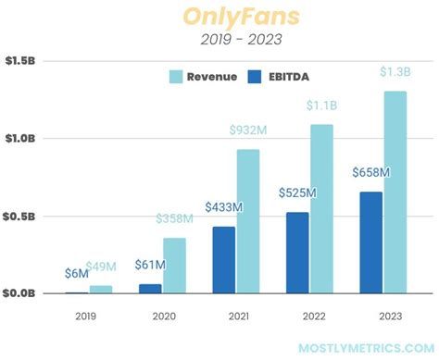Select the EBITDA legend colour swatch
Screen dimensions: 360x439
click(x=258, y=77)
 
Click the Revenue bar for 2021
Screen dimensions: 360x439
click(x=248, y=221)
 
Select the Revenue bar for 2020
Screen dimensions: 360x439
click(x=175, y=266)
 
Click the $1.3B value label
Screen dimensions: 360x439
click(x=395, y=72)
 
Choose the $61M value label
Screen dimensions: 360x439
click(x=149, y=267)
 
